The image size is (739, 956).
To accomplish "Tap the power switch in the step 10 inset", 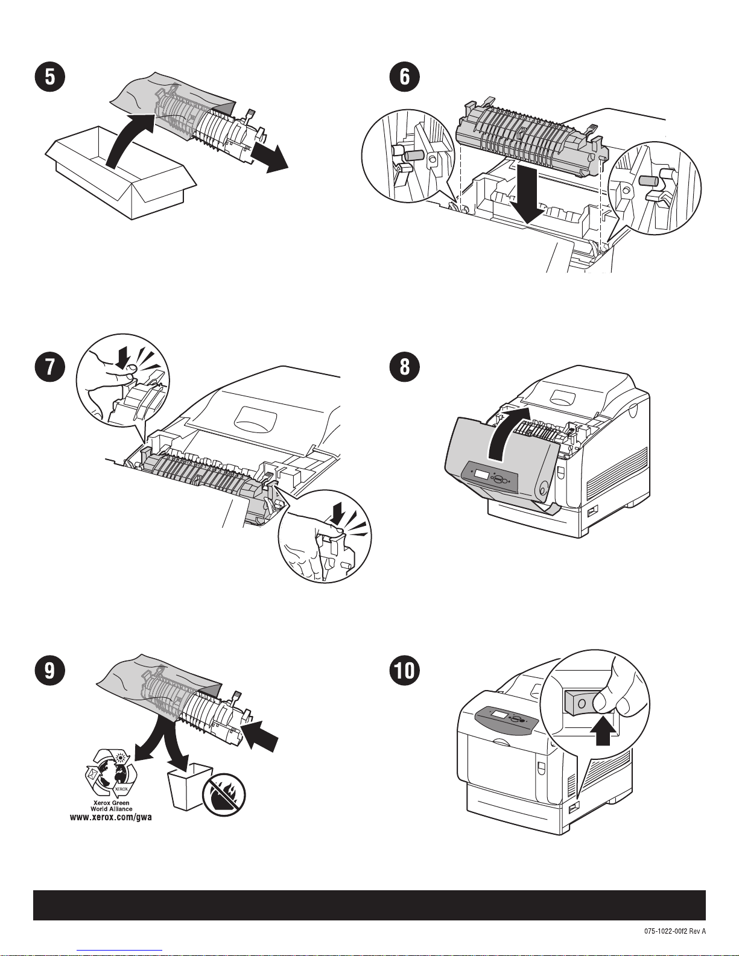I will [579, 703].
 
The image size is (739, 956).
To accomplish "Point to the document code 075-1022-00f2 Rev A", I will [674, 931].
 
